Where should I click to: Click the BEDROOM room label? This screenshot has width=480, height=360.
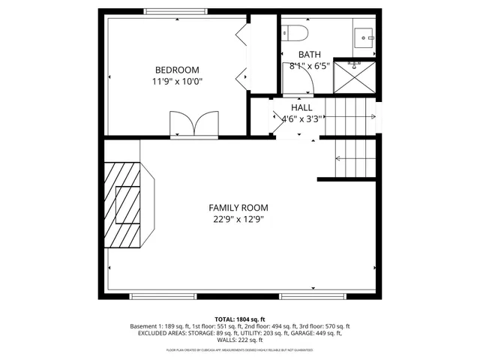coord(177,70)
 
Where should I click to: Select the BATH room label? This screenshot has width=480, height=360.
coord(308,54)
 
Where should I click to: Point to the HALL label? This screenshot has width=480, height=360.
coord(301,107)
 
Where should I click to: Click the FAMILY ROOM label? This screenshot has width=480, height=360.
coord(238,208)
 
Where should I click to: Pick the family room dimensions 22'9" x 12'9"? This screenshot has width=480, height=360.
coord(238,219)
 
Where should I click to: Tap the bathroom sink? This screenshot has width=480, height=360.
coord(364,35)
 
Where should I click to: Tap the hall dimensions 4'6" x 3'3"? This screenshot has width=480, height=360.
coord(301,118)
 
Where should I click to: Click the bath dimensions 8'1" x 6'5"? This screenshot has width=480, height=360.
coord(308,65)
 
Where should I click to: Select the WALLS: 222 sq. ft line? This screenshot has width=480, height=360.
coord(240,341)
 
